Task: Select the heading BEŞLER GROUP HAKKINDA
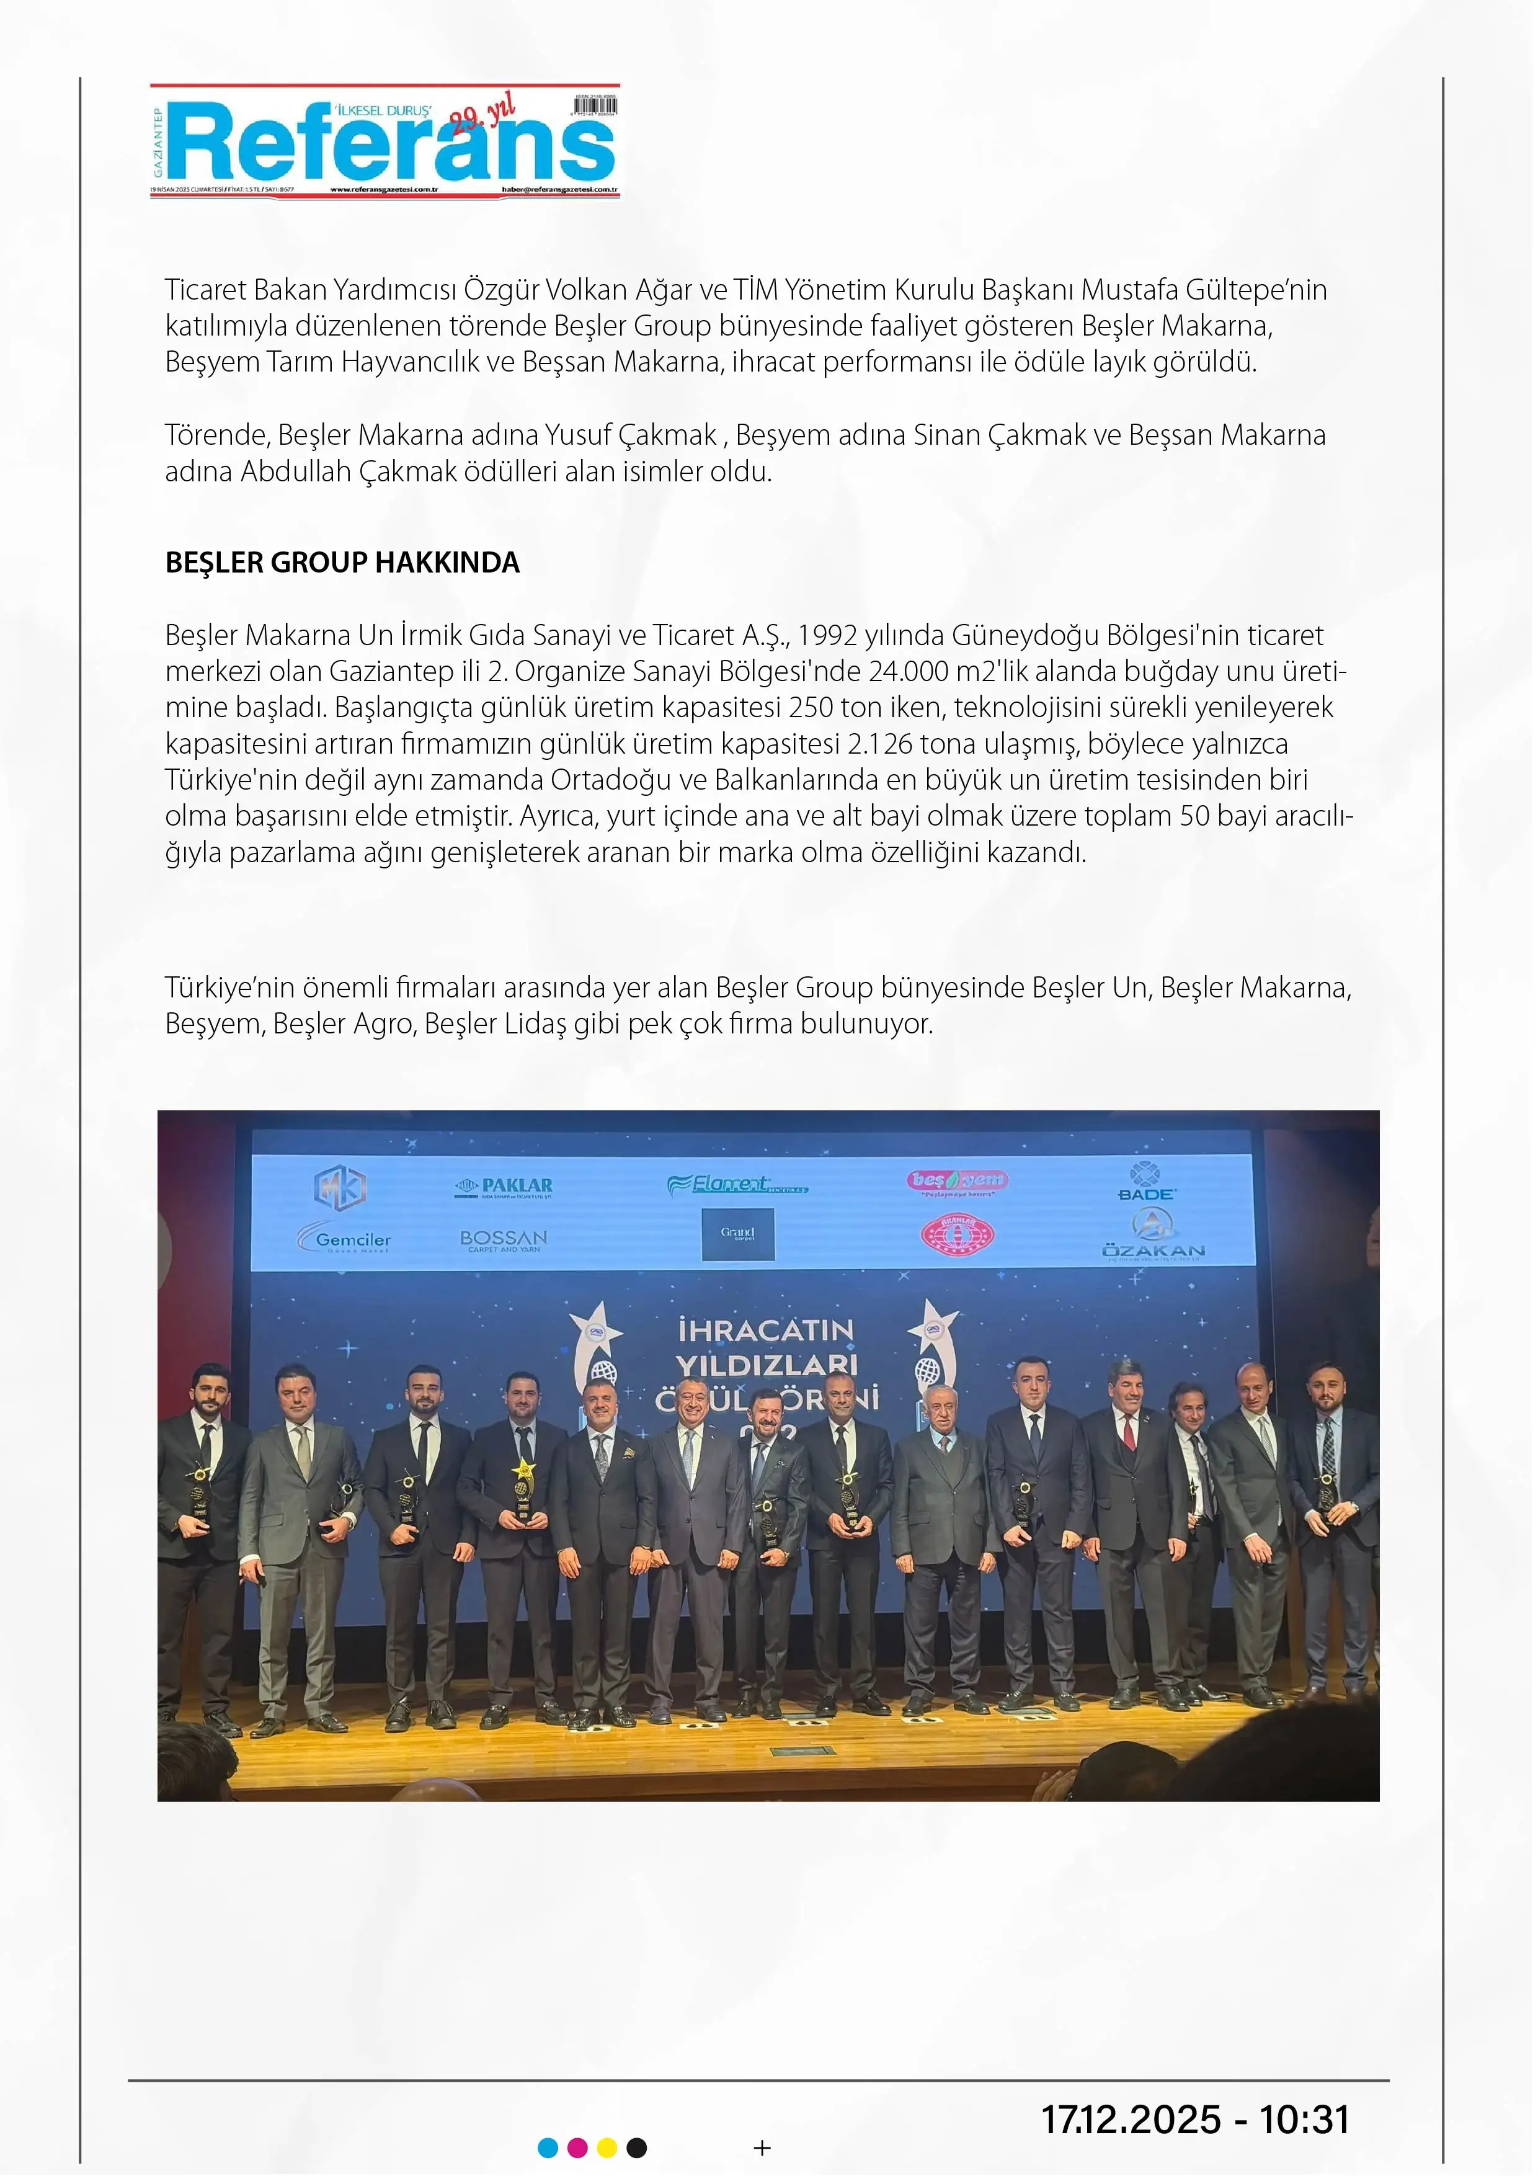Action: [342, 563]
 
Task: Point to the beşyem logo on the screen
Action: [957, 1182]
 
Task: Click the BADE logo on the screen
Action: [1145, 1181]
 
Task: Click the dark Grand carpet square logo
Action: [737, 1234]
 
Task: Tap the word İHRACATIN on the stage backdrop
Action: [766, 1330]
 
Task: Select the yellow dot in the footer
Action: [607, 2147]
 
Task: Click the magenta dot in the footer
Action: [577, 2147]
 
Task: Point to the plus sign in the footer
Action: [762, 2147]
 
